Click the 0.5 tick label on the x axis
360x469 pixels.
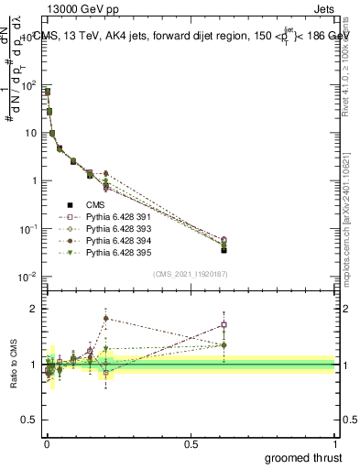coord(191,443)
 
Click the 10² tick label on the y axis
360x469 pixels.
coord(29,85)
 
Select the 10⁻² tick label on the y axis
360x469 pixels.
coord(27,276)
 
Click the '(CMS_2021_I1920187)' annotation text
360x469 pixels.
coord(191,274)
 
